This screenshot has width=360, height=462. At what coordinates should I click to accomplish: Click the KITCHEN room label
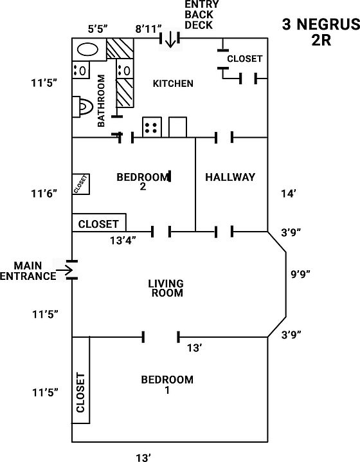pyautogui.click(x=173, y=84)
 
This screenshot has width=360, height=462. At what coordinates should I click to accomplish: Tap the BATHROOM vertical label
pyautogui.click(x=101, y=101)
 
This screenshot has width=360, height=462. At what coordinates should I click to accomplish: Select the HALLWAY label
pyautogui.click(x=230, y=177)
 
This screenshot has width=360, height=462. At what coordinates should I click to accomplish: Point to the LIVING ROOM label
pyautogui.click(x=166, y=288)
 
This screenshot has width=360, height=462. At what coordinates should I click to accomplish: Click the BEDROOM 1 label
pyautogui.click(x=167, y=385)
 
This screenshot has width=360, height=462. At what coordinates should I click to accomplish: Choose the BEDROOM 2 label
pyautogui.click(x=143, y=181)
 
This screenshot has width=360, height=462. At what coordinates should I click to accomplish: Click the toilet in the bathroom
pyautogui.click(x=82, y=107)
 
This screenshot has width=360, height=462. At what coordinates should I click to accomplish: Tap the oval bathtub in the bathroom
pyautogui.click(x=87, y=50)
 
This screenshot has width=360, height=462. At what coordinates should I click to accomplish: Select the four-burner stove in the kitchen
pyautogui.click(x=152, y=127)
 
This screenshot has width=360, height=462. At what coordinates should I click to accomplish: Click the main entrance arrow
pyautogui.click(x=64, y=270)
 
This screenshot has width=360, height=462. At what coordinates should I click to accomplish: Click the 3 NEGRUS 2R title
pyautogui.click(x=321, y=32)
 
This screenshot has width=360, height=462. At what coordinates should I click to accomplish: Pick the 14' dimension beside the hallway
pyautogui.click(x=289, y=194)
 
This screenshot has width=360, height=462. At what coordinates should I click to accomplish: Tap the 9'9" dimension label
pyautogui.click(x=301, y=274)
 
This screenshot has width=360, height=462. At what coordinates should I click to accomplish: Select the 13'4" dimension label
pyautogui.click(x=123, y=241)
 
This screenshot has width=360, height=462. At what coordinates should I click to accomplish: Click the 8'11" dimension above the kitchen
pyautogui.click(x=148, y=29)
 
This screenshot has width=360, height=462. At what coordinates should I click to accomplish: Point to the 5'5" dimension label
pyautogui.click(x=98, y=29)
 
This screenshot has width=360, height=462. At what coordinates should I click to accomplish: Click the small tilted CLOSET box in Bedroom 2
pyautogui.click(x=81, y=184)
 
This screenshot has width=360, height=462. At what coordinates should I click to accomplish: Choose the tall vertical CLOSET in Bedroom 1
pyautogui.click(x=81, y=380)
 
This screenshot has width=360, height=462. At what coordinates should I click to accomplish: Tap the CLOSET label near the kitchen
pyautogui.click(x=245, y=59)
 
